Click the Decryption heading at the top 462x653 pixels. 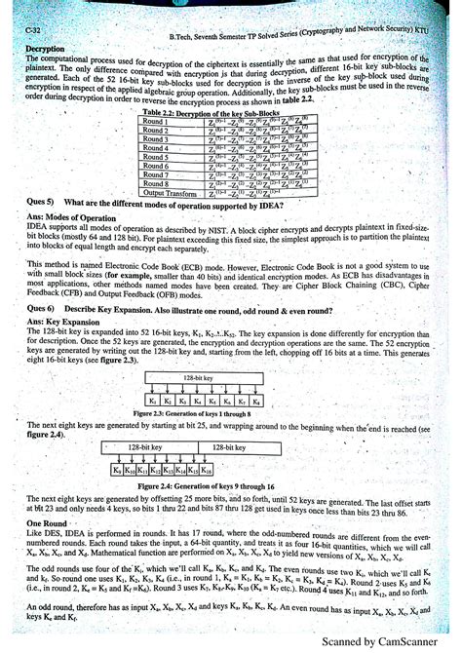click(x=45, y=48)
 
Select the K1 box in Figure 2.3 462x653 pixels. click(x=154, y=401)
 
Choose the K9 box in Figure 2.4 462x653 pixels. click(x=117, y=470)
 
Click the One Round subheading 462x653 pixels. click(x=47, y=522)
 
